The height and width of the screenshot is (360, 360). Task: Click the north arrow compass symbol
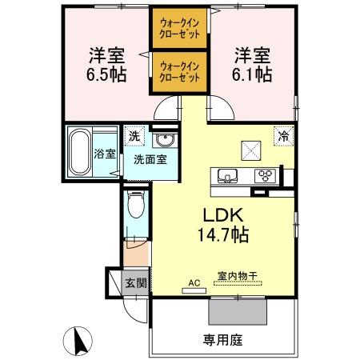coord(78,341)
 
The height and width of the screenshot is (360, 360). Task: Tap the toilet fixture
coord(136,204)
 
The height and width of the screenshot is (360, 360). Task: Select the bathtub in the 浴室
coord(80,152)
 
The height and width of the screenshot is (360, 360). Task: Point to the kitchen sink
coord(227,176)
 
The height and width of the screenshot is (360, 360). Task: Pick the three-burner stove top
coord(265,176)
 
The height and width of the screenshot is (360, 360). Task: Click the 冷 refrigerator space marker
coord(284,136)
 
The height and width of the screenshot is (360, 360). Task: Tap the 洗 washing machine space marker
coord(134,136)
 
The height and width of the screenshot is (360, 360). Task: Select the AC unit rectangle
coord(194,290)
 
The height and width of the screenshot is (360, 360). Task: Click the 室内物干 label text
coord(237,276)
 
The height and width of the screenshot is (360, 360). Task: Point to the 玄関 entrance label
coord(136,283)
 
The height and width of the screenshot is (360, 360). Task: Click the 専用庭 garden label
coord(222,340)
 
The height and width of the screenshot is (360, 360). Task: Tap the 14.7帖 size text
coord(223,234)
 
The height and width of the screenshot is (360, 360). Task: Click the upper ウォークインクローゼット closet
coord(180,28)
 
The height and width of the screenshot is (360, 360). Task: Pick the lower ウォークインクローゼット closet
coord(180,72)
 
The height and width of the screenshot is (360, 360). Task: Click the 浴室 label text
coord(105,154)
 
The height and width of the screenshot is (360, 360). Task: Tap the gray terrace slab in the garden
coord(238,311)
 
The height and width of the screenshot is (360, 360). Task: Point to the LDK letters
coord(223,215)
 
